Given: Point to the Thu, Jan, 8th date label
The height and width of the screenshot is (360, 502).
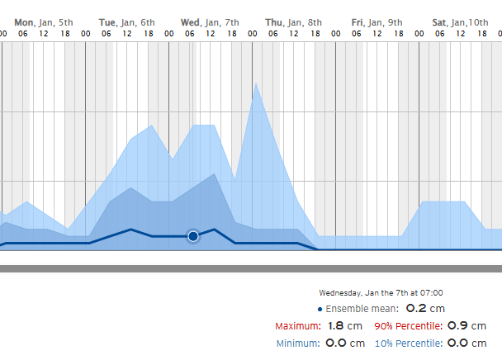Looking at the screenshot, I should point(293,21).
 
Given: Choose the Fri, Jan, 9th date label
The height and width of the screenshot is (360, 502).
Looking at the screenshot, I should point(376,21).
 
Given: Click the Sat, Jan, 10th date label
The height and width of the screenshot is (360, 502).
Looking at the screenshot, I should point(460,21).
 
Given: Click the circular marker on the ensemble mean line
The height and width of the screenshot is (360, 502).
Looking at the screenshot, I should point(193,236).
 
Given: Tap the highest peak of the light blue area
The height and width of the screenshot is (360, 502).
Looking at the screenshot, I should point(256,83).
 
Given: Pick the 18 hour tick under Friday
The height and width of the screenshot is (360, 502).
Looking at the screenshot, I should point(398,33).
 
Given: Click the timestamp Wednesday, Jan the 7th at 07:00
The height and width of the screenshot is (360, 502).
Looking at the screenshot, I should point(381,292).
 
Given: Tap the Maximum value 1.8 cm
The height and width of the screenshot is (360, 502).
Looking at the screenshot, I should point(346,326).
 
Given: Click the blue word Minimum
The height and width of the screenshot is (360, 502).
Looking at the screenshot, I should point(297,343).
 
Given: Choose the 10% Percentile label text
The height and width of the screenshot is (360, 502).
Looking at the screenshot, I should point(408,343).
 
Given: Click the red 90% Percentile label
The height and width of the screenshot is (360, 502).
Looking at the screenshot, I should point(408,326).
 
